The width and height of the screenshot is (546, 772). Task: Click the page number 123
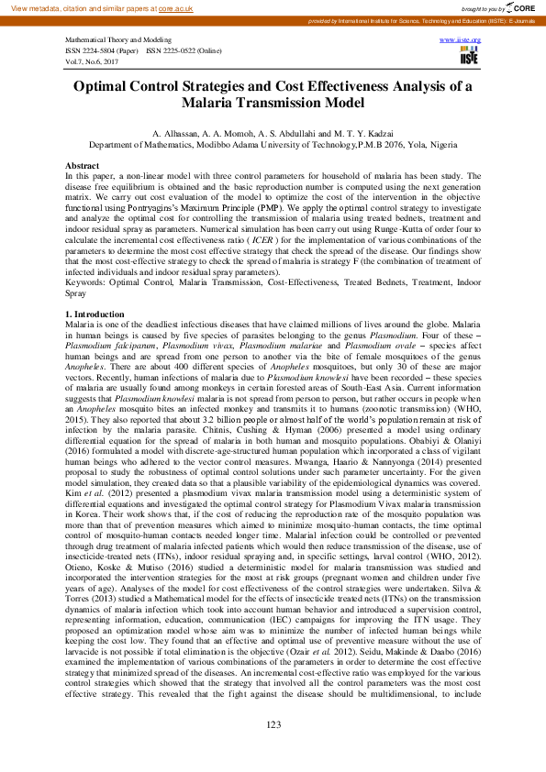(273, 724)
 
